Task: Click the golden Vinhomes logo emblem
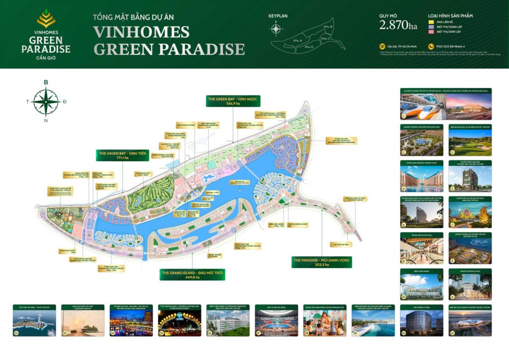(46, 19)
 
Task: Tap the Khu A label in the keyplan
(298, 40)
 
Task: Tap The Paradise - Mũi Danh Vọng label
(322, 262)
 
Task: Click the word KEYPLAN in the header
(278, 15)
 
